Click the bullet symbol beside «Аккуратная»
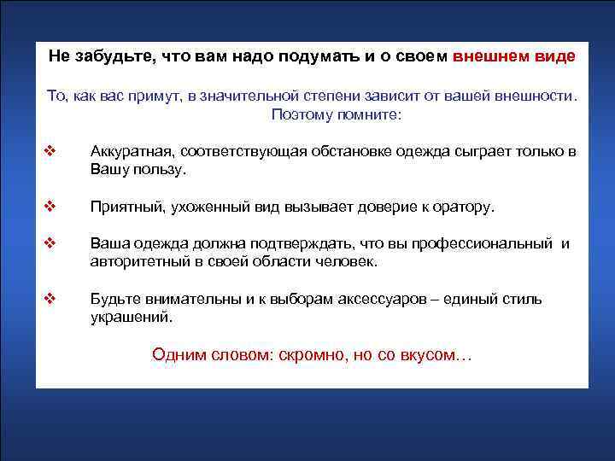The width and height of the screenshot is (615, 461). pos(49,152)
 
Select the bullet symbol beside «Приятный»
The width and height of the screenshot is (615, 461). pos(49,207)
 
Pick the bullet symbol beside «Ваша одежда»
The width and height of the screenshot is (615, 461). pos(49,244)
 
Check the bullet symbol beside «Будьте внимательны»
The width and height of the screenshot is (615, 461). pos(49,299)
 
